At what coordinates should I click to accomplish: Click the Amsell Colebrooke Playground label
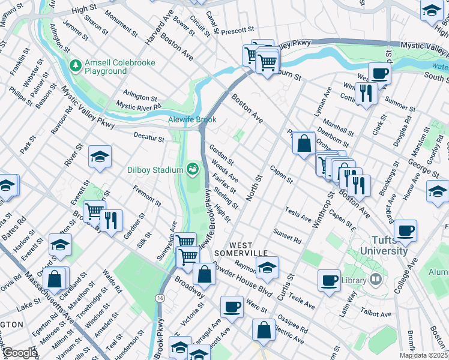119,67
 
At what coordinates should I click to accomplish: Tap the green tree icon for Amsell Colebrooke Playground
76,64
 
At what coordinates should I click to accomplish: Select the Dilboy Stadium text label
153,170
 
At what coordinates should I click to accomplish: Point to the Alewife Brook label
191,119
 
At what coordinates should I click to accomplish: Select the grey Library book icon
375,280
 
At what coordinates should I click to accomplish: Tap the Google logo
20,352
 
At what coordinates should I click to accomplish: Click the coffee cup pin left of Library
329,280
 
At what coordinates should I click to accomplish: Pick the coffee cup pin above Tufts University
406,230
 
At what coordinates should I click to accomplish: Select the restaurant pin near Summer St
365,92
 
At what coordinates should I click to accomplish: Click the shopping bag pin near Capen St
304,143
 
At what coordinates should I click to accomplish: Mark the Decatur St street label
149,139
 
